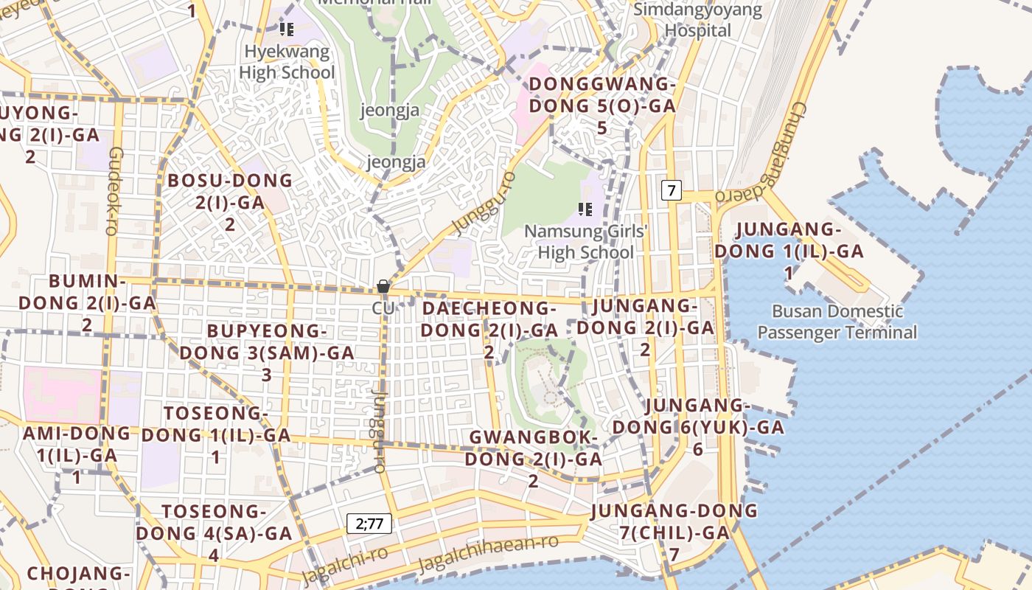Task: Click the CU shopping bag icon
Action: [x=383, y=286]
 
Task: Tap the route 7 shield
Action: [x=671, y=190]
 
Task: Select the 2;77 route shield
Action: [x=369, y=524]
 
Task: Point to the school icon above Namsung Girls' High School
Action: [x=585, y=209]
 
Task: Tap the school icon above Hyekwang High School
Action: [x=287, y=30]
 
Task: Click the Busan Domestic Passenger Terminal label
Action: [x=837, y=322]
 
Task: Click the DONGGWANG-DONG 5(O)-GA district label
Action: [x=602, y=105]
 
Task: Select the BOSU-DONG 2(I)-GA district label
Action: [x=230, y=202]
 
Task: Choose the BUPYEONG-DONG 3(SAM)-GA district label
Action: [x=267, y=353]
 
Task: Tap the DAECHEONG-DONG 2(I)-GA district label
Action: [x=489, y=329]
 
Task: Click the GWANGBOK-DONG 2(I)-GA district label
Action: [x=533, y=459]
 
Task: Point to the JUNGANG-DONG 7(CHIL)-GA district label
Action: [x=674, y=531]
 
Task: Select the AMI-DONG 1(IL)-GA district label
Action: [x=77, y=454]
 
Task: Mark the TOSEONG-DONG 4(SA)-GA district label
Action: [x=214, y=532]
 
